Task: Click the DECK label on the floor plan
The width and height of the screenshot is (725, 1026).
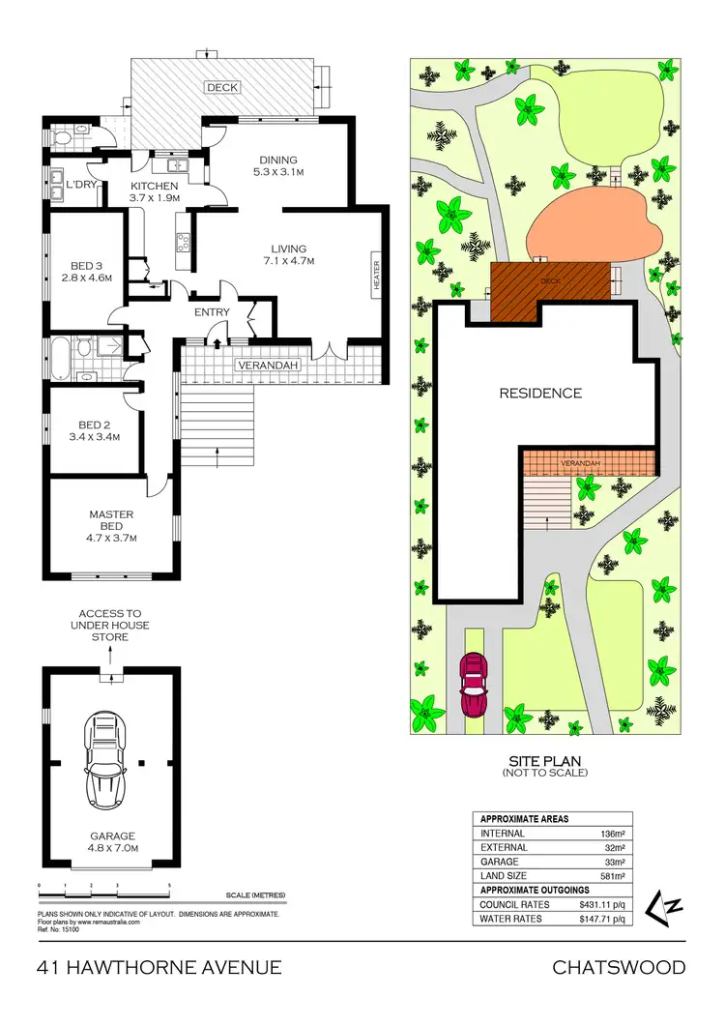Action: (x=222, y=87)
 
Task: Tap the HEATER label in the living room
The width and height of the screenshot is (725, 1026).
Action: (x=376, y=276)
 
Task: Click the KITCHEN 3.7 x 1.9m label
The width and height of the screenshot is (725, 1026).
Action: (x=155, y=191)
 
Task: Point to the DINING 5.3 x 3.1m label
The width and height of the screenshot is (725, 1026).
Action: (x=277, y=166)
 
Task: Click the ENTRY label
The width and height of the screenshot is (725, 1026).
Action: (x=212, y=312)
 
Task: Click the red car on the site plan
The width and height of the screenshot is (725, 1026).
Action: (x=475, y=684)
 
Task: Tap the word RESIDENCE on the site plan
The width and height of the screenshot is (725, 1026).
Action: (x=540, y=393)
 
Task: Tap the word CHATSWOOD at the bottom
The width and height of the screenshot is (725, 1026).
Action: (x=619, y=967)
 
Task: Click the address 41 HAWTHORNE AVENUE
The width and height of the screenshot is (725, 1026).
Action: (x=159, y=967)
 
